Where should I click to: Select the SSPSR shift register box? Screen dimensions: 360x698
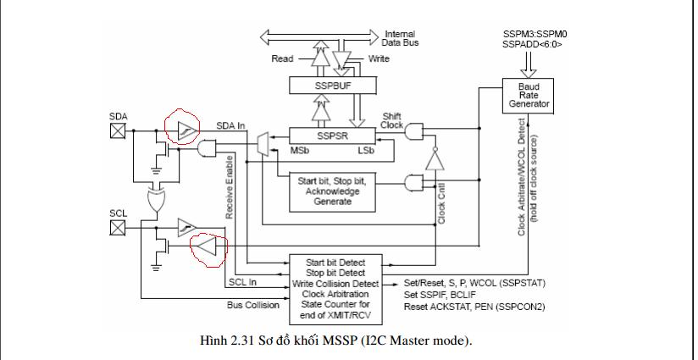pos(333,136)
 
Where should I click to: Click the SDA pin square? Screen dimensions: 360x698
pos(119,130)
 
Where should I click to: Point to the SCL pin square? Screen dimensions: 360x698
pos(119,227)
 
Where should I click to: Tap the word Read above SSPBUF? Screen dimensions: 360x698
pos(282,59)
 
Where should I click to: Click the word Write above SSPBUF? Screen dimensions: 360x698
pos(379,59)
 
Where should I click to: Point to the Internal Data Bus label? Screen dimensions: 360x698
pos(400,38)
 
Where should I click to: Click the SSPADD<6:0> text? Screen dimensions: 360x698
pos(532,42)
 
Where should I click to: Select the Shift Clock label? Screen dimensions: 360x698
pos(392,121)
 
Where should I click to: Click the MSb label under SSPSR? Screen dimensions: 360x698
pos(301,151)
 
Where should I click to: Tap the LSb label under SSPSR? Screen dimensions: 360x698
pos(368,151)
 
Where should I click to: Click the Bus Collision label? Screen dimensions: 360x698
pos(252,305)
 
